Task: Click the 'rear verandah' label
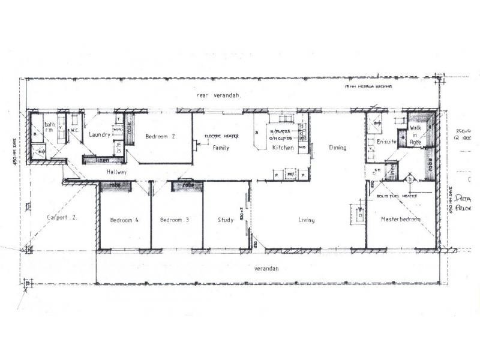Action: [x=218, y=96]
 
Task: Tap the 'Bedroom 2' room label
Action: [x=160, y=137]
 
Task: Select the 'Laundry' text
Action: [x=100, y=135]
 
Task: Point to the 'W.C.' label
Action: [x=76, y=130]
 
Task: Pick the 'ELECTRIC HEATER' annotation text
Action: [x=221, y=137]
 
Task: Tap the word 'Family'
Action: [x=221, y=147]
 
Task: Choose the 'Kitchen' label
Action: [x=282, y=148]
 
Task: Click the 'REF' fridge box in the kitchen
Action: [x=291, y=175]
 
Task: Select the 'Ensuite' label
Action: [x=382, y=142]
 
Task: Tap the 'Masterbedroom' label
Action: [x=400, y=220]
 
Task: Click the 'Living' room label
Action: [x=307, y=220]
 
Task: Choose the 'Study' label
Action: [x=225, y=220]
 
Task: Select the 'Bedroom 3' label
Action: [x=175, y=220]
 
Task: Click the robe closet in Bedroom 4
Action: [x=116, y=186]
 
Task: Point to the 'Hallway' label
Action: [x=117, y=172]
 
